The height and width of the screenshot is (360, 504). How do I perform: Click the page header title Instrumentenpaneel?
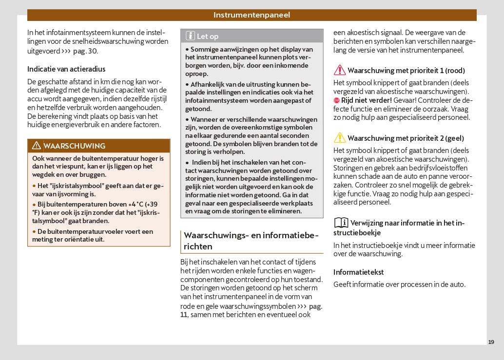pyautogui.click(x=252, y=15)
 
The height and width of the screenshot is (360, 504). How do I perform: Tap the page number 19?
pyautogui.click(x=491, y=342)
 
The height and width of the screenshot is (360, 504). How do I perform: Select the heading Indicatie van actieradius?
pyautogui.click(x=66, y=69)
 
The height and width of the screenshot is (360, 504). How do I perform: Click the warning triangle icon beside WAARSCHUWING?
pyautogui.click(x=36, y=146)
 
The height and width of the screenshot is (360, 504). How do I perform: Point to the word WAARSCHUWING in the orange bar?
pyautogui.click(x=74, y=146)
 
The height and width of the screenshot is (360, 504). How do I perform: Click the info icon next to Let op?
pyautogui.click(x=190, y=36)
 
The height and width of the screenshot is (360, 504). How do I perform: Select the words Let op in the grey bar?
pyautogui.click(x=208, y=36)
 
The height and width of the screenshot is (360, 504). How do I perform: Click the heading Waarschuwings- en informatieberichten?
pyautogui.click(x=251, y=241)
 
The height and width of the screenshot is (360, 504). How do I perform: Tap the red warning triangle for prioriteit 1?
pyautogui.click(x=339, y=70)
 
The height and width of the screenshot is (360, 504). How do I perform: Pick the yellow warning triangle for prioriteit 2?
pyautogui.click(x=339, y=138)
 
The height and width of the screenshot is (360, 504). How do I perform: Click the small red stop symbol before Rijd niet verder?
pyautogui.click(x=336, y=100)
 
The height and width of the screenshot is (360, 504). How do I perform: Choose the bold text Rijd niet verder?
pyautogui.click(x=366, y=100)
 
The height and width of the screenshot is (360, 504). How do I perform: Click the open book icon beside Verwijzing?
pyautogui.click(x=341, y=223)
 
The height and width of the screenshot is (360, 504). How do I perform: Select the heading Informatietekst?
pyautogui.click(x=358, y=272)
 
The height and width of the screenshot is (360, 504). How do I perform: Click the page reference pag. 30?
pyautogui.click(x=85, y=51)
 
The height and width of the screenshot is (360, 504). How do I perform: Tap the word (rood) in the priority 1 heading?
pyautogui.click(x=455, y=71)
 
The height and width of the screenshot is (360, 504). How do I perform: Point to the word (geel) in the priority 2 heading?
pyautogui.click(x=454, y=138)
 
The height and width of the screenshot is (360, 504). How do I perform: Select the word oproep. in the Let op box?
pyautogui.click(x=196, y=74)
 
